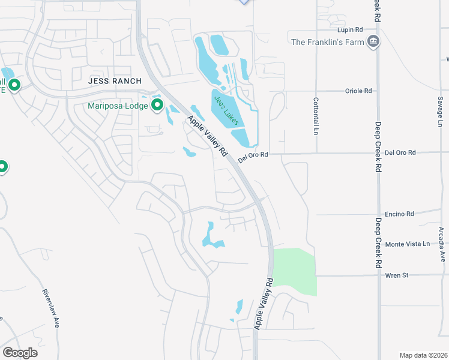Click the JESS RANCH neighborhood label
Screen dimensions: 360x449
pyautogui.click(x=115, y=81)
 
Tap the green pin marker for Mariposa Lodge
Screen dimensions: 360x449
pyautogui.click(x=158, y=106)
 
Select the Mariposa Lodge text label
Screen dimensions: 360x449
pyautogui.click(x=118, y=106)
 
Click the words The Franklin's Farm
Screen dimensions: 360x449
pyautogui.click(x=327, y=42)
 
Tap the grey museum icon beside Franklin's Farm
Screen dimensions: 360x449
pyautogui.click(x=373, y=41)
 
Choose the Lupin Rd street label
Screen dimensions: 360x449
pyautogui.click(x=351, y=29)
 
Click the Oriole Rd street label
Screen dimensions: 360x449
pyautogui.click(x=359, y=91)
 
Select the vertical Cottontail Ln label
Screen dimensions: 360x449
pyautogui.click(x=315, y=116)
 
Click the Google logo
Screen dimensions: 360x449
pyautogui.click(x=20, y=353)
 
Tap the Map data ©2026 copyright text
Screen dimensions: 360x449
pyautogui.click(x=423, y=355)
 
